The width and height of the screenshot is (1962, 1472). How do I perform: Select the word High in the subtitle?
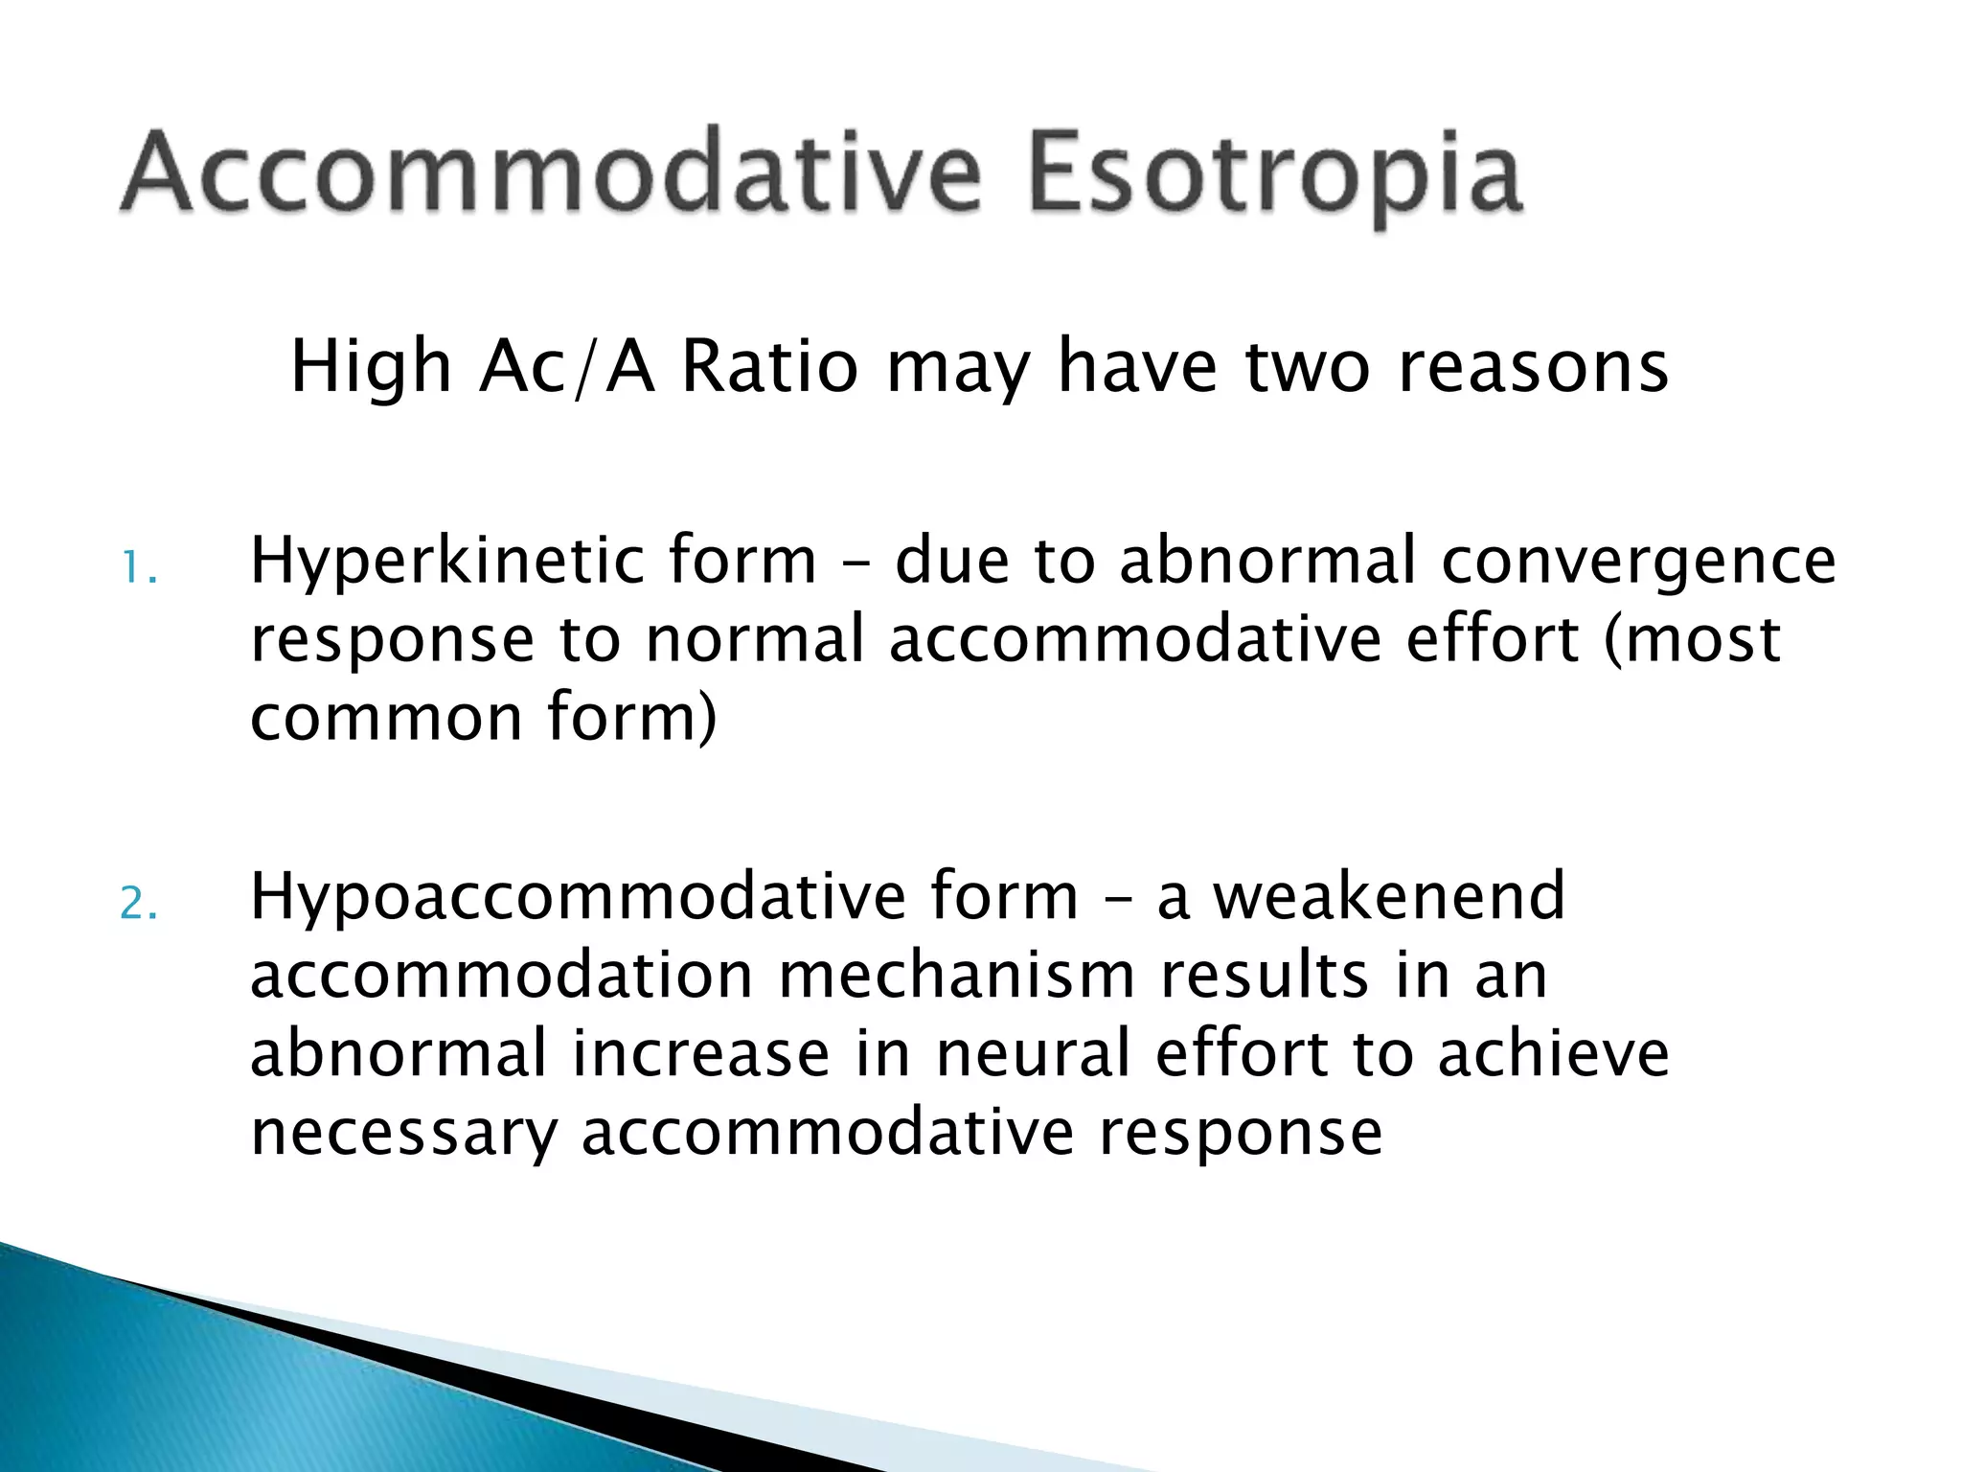[x=370, y=369]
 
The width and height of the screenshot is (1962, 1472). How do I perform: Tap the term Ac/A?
[x=566, y=369]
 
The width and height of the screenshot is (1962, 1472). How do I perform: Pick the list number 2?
[x=138, y=905]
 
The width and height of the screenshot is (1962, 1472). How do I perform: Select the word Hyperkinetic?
[x=445, y=563]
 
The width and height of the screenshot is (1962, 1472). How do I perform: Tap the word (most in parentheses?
[x=1692, y=641]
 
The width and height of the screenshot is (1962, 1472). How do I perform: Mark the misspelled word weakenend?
[x=1388, y=897]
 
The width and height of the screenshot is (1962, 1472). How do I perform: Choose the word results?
[x=1264, y=976]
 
